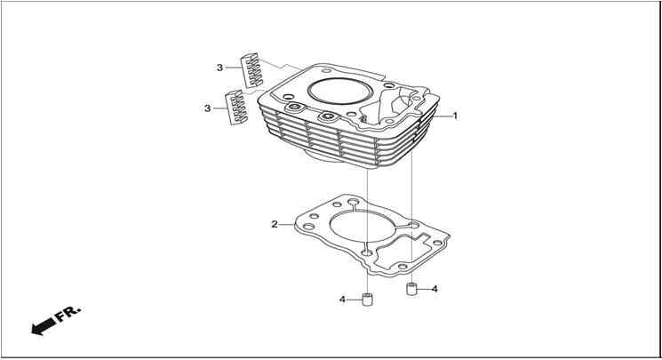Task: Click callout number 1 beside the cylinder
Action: click(x=455, y=116)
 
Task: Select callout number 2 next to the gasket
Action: click(x=275, y=224)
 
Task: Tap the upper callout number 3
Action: click(x=219, y=68)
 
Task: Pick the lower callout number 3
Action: click(x=207, y=108)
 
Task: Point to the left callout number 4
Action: click(x=342, y=300)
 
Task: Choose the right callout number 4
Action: click(x=435, y=289)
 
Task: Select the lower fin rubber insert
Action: click(x=237, y=108)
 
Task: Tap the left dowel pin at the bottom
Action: click(x=368, y=300)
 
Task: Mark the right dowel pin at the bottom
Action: click(x=411, y=289)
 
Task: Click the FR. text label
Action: click(x=68, y=314)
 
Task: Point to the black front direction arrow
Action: click(x=44, y=326)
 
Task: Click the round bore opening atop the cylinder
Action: click(x=339, y=92)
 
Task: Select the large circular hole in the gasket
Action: click(x=363, y=227)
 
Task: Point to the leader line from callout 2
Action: click(x=287, y=224)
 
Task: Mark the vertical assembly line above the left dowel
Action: click(x=368, y=231)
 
